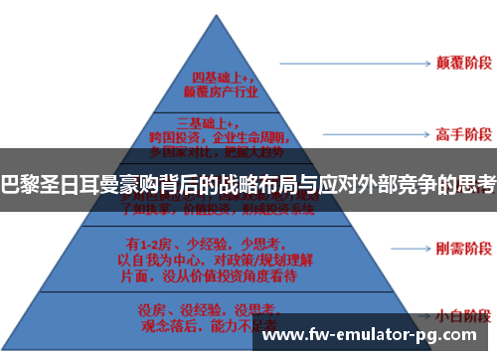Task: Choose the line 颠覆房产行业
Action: click(225, 92)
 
